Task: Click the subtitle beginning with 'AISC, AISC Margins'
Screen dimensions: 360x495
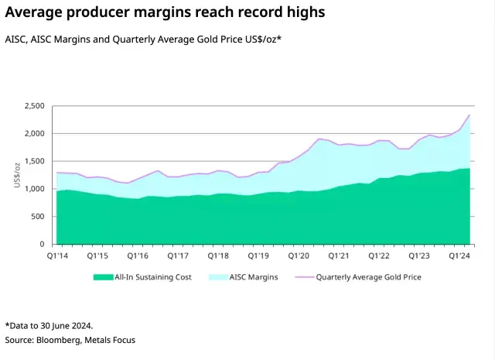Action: coord(143,38)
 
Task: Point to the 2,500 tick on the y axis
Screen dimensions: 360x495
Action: coord(35,106)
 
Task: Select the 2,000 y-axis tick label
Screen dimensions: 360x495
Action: coord(35,134)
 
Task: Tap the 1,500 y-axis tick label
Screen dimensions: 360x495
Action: coord(35,161)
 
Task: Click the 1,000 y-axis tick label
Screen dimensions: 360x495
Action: coord(35,189)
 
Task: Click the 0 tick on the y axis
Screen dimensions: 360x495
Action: coord(43,245)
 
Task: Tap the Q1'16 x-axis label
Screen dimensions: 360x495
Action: coord(137,255)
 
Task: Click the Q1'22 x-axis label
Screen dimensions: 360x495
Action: coord(379,255)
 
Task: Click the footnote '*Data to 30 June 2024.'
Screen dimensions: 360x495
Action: coord(49,325)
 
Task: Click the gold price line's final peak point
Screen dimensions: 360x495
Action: coord(469,115)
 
